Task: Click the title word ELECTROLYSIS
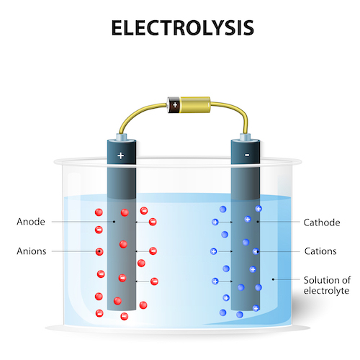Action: click(180, 28)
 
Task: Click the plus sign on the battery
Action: click(174, 105)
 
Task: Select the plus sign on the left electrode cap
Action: click(121, 155)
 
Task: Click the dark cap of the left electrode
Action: click(121, 150)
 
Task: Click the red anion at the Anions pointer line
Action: click(99, 251)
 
